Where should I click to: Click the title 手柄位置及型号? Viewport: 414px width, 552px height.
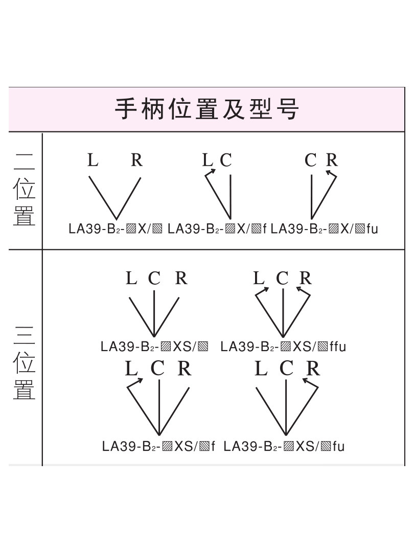click(206, 109)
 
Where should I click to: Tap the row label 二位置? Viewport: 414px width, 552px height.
click(24, 190)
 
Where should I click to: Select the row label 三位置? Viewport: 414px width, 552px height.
click(24, 363)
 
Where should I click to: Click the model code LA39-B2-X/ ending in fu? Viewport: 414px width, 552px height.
click(324, 229)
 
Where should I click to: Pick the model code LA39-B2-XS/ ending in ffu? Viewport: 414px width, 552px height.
click(283, 347)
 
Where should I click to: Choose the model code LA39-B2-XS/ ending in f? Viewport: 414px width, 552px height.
click(158, 446)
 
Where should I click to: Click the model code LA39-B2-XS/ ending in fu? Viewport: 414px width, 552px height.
click(284, 446)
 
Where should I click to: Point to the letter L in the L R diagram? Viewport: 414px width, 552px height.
click(93, 160)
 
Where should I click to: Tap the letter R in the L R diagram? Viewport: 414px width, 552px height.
click(136, 160)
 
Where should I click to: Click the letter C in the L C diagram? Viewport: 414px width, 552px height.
click(226, 160)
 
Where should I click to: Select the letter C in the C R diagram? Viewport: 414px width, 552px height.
click(311, 160)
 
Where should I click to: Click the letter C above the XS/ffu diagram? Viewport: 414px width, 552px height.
click(282, 279)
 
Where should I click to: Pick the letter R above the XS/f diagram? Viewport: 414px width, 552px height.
click(185, 369)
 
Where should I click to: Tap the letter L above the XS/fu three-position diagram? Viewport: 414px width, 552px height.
click(261, 369)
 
